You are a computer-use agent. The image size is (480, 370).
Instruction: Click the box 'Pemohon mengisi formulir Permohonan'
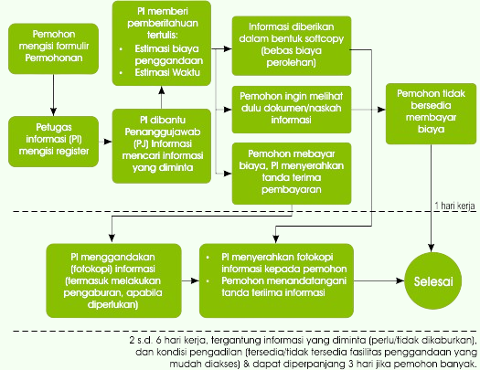(x=54, y=48)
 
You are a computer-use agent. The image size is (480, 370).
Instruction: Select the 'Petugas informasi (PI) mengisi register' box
(x=54, y=142)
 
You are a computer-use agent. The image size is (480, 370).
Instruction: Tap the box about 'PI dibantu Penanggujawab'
(x=162, y=146)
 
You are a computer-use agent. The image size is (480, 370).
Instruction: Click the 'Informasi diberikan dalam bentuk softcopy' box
(x=292, y=46)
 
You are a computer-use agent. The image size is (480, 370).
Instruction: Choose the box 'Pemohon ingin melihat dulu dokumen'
(x=292, y=110)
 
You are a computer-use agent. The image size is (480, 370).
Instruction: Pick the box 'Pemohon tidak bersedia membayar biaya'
(x=431, y=114)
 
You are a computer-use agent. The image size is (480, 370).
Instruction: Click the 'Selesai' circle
(x=432, y=281)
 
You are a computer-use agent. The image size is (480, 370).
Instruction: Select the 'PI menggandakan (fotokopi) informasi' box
(x=113, y=280)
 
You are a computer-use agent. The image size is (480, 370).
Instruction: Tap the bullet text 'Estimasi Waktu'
(x=167, y=73)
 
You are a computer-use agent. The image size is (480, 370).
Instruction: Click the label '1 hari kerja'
(x=455, y=206)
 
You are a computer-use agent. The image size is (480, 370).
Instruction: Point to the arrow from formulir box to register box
(x=54, y=95)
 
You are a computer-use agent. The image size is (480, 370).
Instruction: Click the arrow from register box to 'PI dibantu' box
(x=106, y=142)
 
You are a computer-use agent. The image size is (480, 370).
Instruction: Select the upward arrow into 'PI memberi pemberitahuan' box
(x=162, y=97)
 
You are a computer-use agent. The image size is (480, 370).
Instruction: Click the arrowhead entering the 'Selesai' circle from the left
(x=400, y=280)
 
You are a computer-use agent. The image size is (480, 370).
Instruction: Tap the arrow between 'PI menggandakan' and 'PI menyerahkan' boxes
(x=190, y=280)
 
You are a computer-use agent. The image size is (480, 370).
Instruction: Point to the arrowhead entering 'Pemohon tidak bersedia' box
(x=382, y=110)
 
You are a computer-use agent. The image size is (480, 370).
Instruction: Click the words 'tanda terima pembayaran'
(x=292, y=184)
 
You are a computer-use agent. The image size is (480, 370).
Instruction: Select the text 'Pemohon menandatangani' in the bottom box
(x=283, y=280)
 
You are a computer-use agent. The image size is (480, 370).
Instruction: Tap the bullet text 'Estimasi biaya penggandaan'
(x=169, y=55)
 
